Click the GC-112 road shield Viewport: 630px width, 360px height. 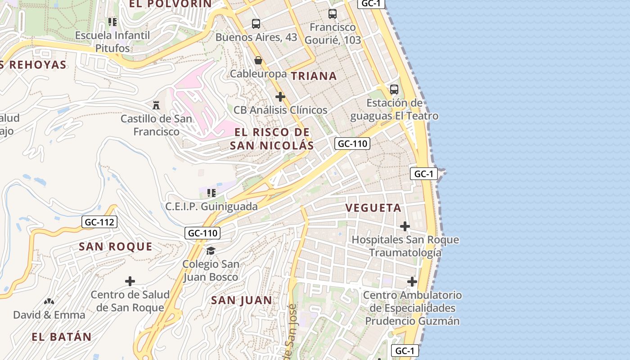click(x=100, y=222)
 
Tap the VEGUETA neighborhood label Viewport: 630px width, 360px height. click(x=373, y=208)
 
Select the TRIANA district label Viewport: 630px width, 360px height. click(x=314, y=76)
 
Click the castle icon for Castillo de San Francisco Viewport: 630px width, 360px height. click(x=156, y=105)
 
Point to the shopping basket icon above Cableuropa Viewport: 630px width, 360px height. click(x=258, y=60)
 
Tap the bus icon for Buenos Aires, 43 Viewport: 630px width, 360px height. click(x=256, y=24)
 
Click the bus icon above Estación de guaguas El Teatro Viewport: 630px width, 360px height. click(x=394, y=90)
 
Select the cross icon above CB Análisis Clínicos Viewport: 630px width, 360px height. click(x=280, y=97)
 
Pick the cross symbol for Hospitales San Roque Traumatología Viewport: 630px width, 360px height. click(x=405, y=226)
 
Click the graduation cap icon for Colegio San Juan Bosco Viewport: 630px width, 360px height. click(x=211, y=251)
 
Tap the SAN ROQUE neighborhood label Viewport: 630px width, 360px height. click(x=116, y=247)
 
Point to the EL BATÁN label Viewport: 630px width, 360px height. click(x=62, y=337)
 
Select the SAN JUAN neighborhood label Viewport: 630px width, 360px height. click(x=242, y=300)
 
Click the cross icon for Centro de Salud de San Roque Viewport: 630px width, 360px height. click(x=130, y=282)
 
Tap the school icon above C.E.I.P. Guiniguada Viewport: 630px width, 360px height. click(x=211, y=193)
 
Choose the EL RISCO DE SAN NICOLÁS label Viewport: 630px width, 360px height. click(x=272, y=139)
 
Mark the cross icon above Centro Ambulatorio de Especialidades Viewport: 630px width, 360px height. click(x=412, y=282)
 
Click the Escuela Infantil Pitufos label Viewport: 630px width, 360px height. click(x=112, y=41)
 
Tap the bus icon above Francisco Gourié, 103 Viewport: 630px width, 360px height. click(x=333, y=14)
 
